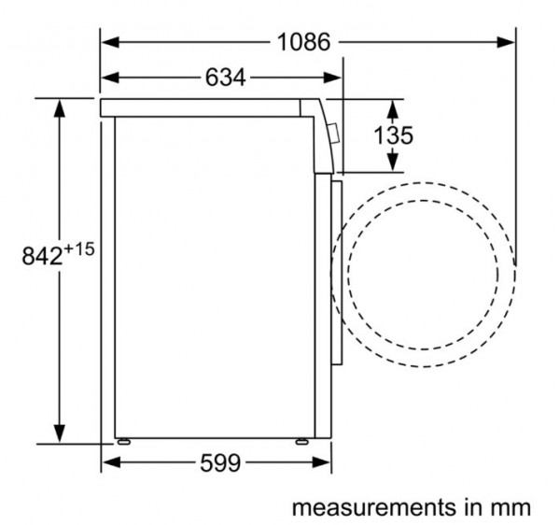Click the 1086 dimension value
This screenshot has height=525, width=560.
(304, 42)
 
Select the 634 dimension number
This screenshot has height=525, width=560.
(225, 78)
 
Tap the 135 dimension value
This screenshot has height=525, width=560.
(393, 135)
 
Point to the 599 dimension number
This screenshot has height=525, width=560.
(220, 462)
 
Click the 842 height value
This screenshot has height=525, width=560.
(43, 256)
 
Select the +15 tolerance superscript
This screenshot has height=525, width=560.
(79, 248)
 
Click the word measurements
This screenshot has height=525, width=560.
(374, 507)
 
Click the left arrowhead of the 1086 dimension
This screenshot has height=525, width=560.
(110, 42)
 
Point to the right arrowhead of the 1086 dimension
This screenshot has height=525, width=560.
(506, 42)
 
